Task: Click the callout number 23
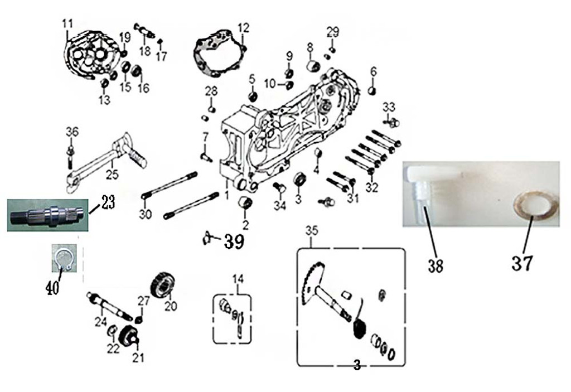pos(108,202)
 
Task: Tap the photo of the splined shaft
pos(47,215)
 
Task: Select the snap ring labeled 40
pos(63,259)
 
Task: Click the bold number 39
pos(234,241)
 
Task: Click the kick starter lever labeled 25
pos(106,162)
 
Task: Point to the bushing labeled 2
pos(245,204)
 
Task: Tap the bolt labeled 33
pos(393,122)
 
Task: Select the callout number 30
pos(145,214)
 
